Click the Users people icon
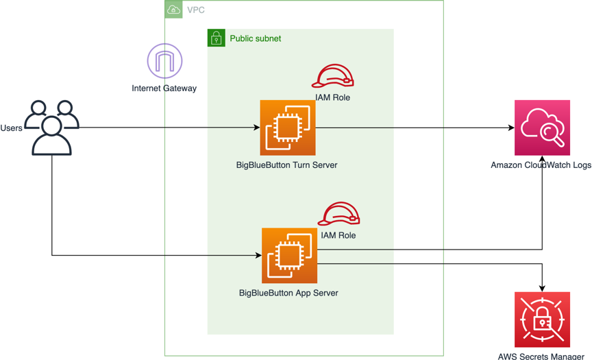pos(51,128)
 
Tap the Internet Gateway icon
pos(164,61)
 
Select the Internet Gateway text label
pos(164,88)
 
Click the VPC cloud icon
pos(173,10)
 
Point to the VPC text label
pos(195,10)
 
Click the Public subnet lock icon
pos(217,38)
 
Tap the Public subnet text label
pos(255,38)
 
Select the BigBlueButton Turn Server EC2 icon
pos(288,128)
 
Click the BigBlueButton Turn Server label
pos(286,165)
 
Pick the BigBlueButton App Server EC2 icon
pos(290,255)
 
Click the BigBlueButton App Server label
pos(288,293)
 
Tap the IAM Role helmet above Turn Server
pos(332,75)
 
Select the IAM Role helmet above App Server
pos(338,213)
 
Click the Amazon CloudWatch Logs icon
pos(542,128)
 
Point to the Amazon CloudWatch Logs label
pos(541,165)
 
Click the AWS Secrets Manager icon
pos(542,320)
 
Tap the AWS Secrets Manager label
pos(541,356)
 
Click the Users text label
pos(12,128)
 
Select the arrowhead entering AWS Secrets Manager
pos(542,289)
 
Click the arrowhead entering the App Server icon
pos(258,255)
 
